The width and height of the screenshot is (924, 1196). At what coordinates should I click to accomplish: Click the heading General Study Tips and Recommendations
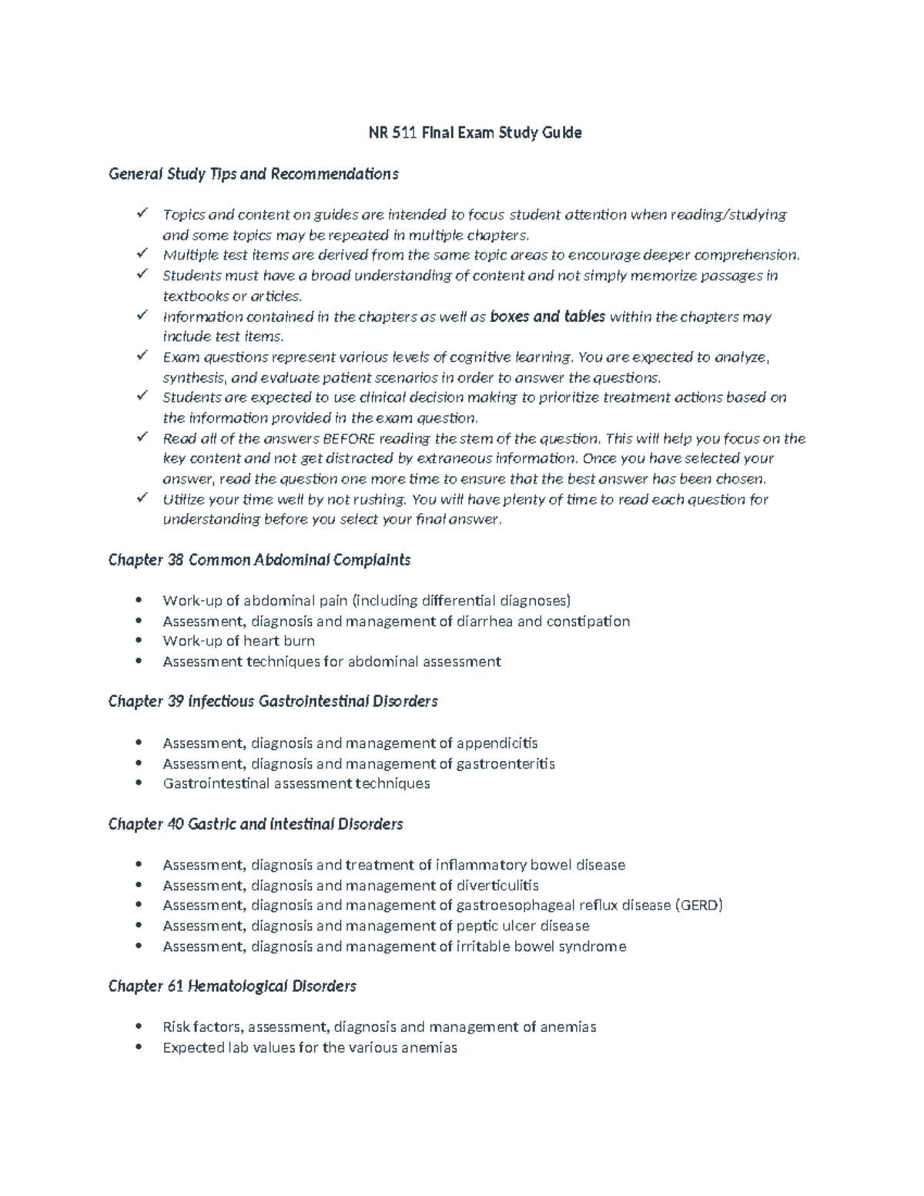(x=253, y=174)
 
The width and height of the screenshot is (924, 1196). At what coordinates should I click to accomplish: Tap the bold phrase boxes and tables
(x=547, y=317)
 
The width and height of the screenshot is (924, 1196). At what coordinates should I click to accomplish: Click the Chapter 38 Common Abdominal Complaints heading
(x=259, y=560)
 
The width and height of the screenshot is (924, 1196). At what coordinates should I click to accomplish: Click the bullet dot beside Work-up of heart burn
(x=139, y=641)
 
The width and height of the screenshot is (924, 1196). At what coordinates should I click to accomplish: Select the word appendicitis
(x=497, y=743)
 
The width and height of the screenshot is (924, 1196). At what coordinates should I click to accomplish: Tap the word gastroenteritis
(x=505, y=764)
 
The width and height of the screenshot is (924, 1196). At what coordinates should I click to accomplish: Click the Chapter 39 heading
(x=273, y=702)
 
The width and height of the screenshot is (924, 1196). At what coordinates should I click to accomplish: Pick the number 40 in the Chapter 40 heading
(x=176, y=825)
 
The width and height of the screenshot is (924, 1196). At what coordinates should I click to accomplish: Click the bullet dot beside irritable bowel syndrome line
(x=139, y=946)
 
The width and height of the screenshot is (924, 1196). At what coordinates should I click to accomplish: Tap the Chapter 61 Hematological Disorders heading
(x=232, y=987)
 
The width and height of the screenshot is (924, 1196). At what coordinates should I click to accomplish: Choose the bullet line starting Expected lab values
(x=310, y=1047)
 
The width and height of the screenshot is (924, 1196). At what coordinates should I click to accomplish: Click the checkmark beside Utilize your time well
(x=142, y=498)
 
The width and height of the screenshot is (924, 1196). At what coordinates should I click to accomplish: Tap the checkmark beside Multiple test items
(x=142, y=254)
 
